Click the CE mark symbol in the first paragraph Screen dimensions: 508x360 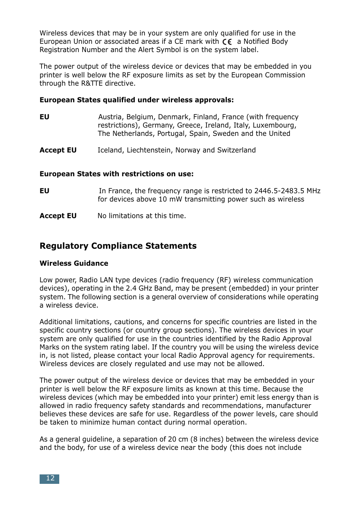pos(227,42)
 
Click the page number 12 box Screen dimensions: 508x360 pos(49,479)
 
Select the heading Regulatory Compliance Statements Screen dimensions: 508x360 pos(118,246)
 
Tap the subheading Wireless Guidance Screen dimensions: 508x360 pos(74,263)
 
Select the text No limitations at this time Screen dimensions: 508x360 pos(142,216)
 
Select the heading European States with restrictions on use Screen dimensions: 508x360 pos(117,174)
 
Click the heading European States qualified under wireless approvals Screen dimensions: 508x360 pos(137,100)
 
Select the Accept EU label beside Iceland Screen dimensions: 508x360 pos(58,150)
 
